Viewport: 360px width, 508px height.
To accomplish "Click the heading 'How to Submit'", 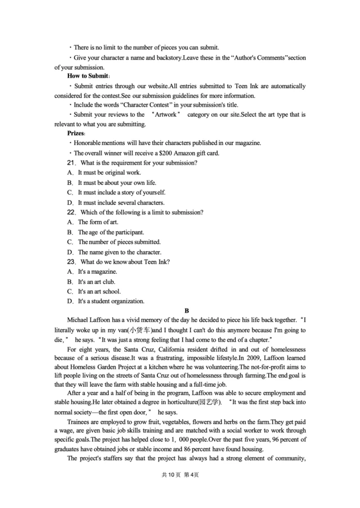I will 88,76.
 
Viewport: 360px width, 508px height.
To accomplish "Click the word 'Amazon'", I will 182,153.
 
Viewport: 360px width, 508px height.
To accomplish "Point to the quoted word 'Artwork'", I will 165,115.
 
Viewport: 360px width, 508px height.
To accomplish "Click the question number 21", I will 72,163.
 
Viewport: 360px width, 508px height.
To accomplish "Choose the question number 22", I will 72,212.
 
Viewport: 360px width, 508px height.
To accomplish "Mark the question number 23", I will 72,262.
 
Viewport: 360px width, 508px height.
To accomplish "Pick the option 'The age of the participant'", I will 111,232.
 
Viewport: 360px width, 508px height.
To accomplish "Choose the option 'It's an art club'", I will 96,282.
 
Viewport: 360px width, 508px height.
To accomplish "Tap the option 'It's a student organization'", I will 111,302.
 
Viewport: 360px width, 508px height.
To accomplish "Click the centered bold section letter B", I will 187,311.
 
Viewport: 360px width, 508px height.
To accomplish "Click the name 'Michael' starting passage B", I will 78,321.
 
